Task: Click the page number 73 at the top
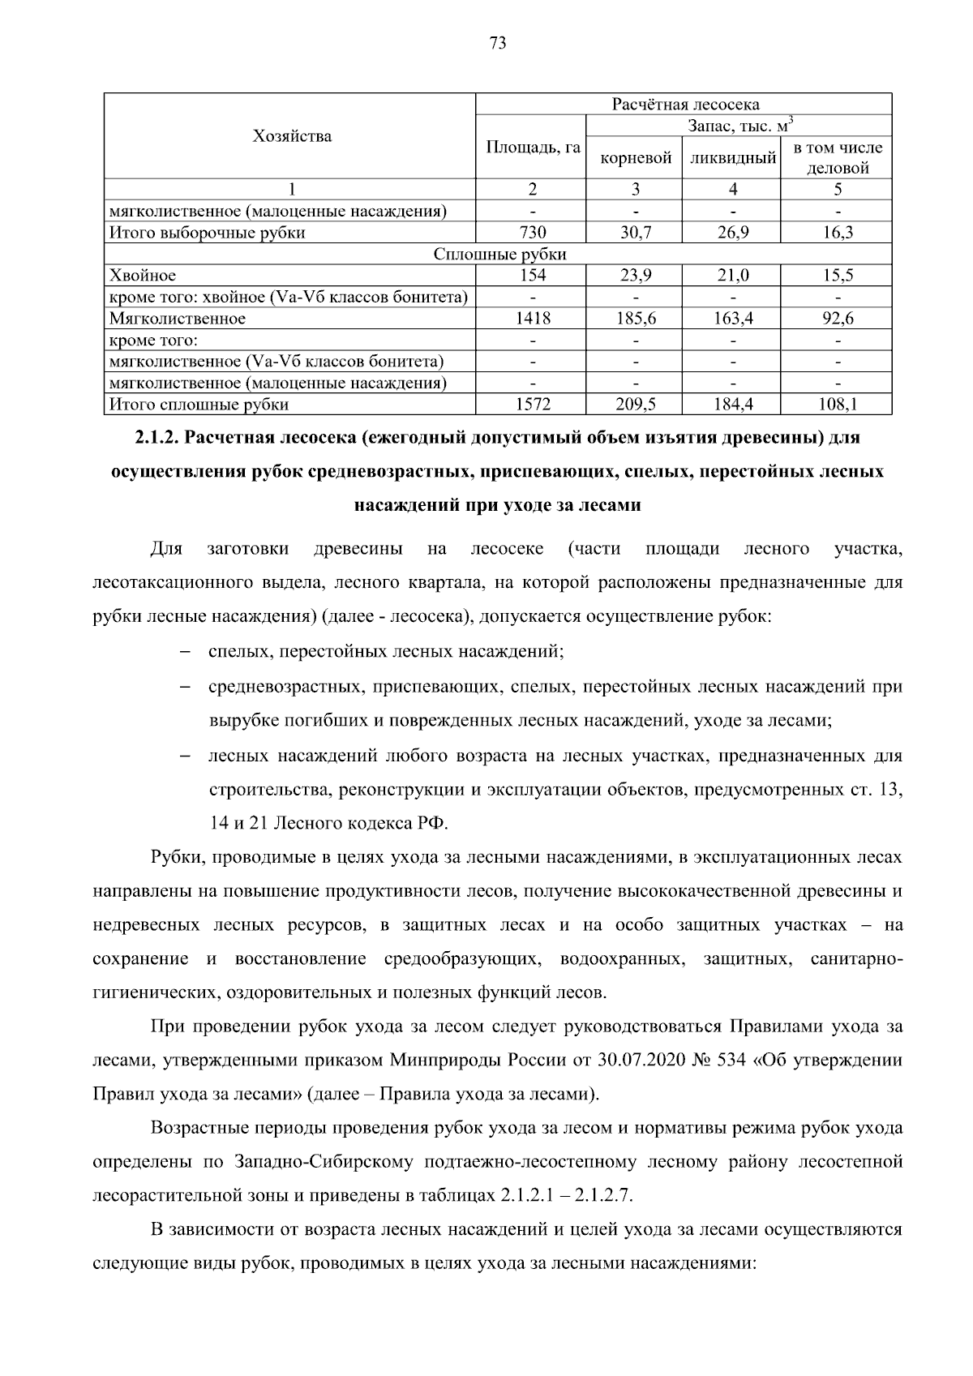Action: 498,43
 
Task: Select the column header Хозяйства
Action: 292,135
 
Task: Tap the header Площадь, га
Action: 533,147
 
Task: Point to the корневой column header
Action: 636,158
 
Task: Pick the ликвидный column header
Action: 732,158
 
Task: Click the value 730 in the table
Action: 533,233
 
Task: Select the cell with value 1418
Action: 533,319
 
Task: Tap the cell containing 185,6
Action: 636,319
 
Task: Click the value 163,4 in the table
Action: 732,319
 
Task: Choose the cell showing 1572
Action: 533,404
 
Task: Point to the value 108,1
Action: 838,404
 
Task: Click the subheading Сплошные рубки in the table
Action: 499,254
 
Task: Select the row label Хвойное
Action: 143,276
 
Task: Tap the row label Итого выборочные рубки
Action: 208,233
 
